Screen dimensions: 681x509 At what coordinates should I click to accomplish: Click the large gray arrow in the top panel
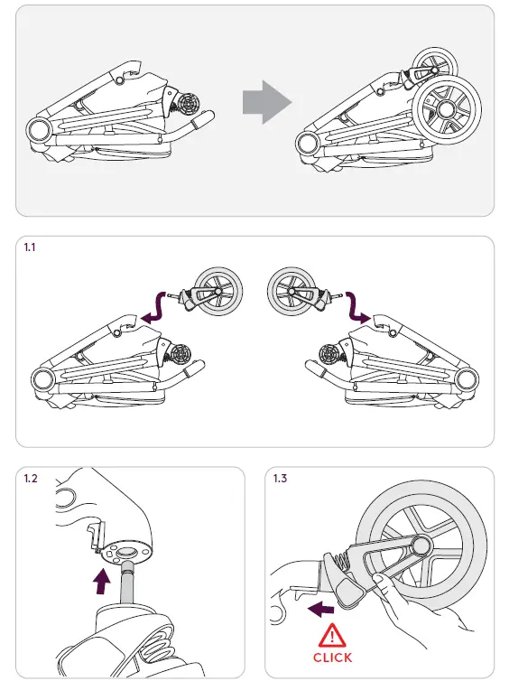[x=267, y=104]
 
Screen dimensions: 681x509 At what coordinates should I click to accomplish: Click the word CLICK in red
[x=332, y=658]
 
